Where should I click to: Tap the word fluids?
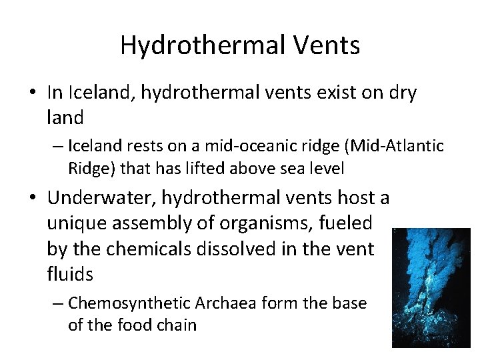coord(70,273)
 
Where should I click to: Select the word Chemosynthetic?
coord(129,303)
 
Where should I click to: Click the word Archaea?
coord(227,303)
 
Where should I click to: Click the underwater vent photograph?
coord(431,287)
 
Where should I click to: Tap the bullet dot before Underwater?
coord(35,199)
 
